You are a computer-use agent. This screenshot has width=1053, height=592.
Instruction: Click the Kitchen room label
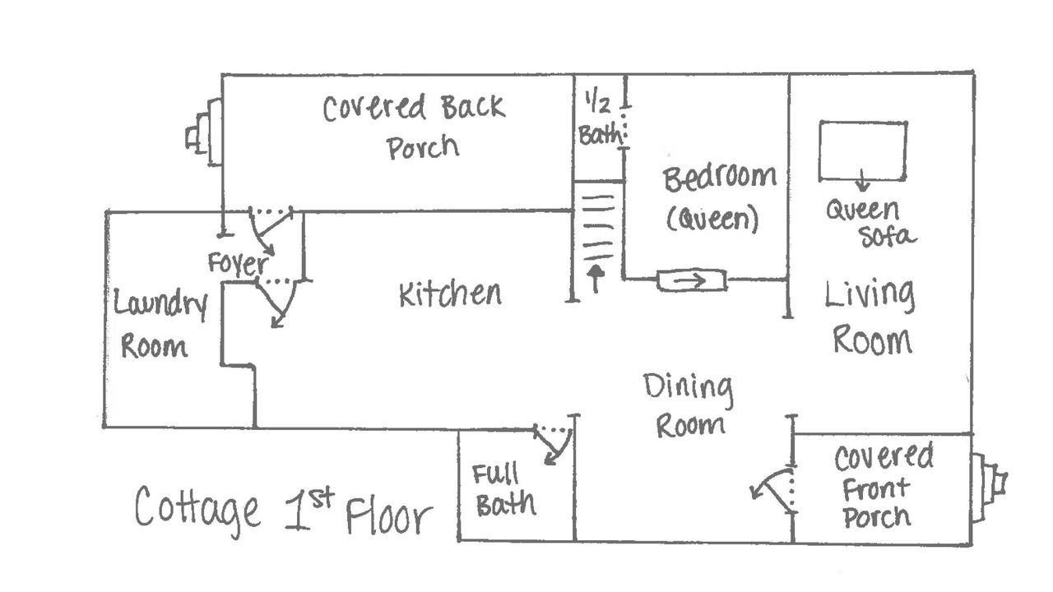point(450,294)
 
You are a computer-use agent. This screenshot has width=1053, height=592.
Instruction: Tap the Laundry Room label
point(160,323)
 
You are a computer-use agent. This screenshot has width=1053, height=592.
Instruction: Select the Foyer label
point(239,264)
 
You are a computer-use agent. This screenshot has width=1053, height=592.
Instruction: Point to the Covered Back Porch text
point(415,127)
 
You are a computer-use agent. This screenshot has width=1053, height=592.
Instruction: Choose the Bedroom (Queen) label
point(719,198)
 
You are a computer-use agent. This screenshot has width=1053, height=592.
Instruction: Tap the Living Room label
point(870,317)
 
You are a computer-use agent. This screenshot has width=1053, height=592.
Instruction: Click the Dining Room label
point(689,406)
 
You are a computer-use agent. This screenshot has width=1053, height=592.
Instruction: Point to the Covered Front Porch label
point(882,487)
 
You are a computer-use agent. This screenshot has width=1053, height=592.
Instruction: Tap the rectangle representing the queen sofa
point(863,121)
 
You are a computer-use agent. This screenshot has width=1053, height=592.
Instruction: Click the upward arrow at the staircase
point(596,278)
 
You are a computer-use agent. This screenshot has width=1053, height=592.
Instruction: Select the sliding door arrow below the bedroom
point(690,281)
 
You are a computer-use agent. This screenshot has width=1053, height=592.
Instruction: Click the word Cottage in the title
point(197,509)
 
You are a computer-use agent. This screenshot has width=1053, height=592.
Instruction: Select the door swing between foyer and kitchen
point(278,302)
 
